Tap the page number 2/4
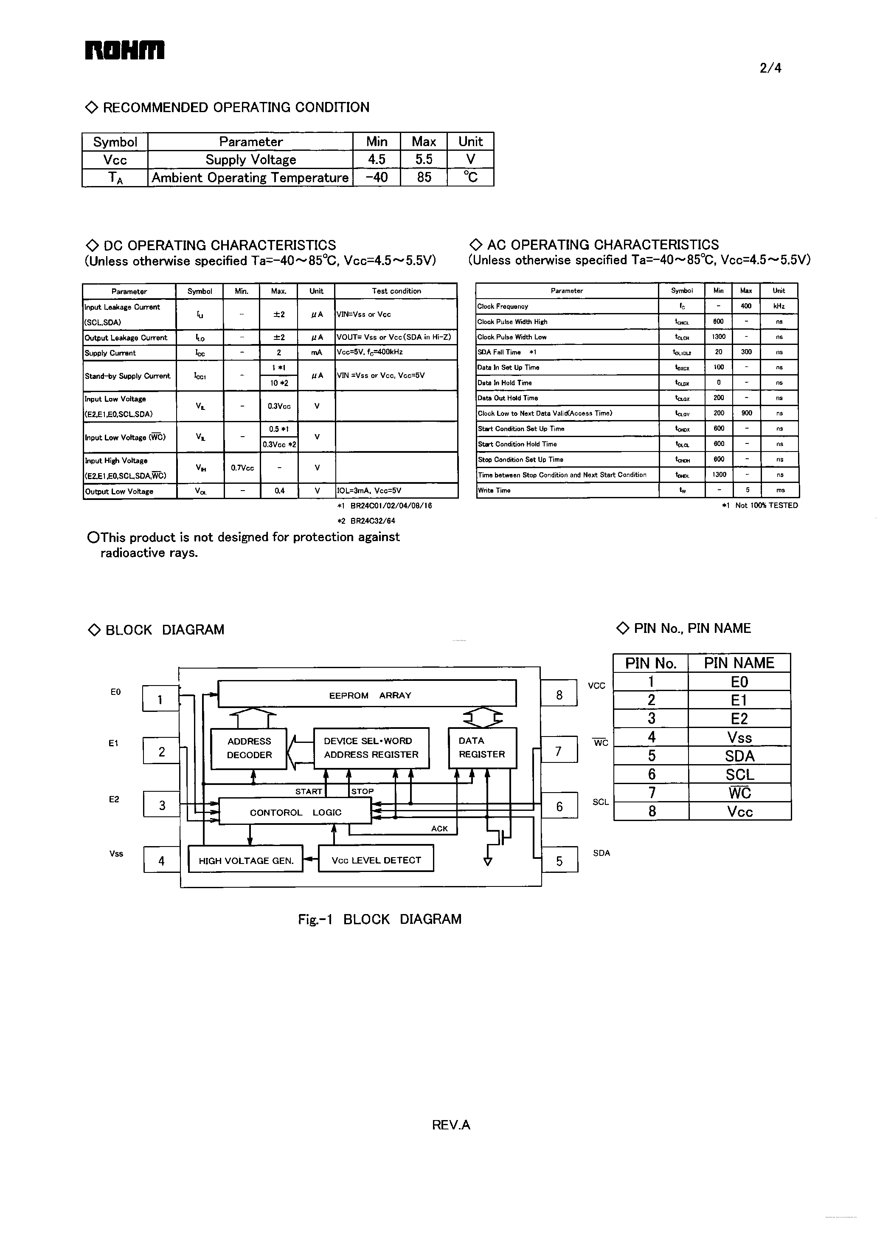(770, 68)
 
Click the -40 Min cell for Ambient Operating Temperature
(377, 177)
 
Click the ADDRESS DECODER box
(249, 748)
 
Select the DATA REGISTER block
(482, 747)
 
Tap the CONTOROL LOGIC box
(295, 812)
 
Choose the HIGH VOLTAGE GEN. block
(246, 860)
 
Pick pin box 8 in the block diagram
(559, 695)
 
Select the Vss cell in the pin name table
(739, 737)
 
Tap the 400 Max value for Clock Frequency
(746, 306)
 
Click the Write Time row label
(494, 490)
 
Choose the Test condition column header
(396, 291)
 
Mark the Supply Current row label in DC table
(110, 353)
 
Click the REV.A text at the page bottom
(451, 1124)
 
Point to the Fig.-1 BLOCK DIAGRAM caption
(379, 919)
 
